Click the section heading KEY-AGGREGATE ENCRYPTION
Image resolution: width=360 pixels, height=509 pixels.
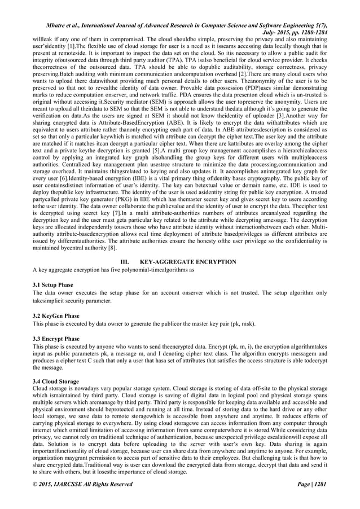(204, 261)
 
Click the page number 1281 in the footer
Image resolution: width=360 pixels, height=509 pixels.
(319, 484)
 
